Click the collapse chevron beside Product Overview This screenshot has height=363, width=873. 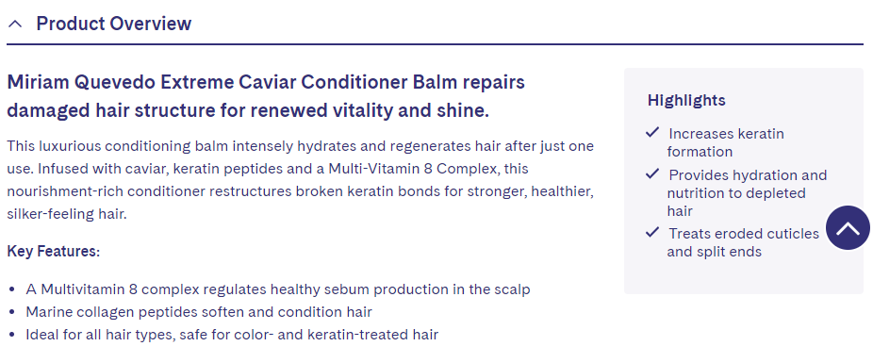pyautogui.click(x=15, y=24)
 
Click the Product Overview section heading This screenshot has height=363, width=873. pyautogui.click(x=113, y=24)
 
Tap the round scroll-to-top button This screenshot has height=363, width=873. pyautogui.click(x=848, y=228)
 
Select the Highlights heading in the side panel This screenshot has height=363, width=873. pyautogui.click(x=686, y=100)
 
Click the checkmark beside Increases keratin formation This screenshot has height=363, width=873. pyautogui.click(x=652, y=133)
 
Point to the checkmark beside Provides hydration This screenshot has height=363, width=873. pyautogui.click(x=652, y=174)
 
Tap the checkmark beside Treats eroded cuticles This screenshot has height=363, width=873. pyautogui.click(x=652, y=233)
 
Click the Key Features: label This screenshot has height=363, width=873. pyautogui.click(x=54, y=252)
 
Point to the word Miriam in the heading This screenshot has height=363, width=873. pyautogui.click(x=35, y=82)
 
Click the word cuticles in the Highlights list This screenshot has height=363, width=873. pyautogui.click(x=790, y=234)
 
